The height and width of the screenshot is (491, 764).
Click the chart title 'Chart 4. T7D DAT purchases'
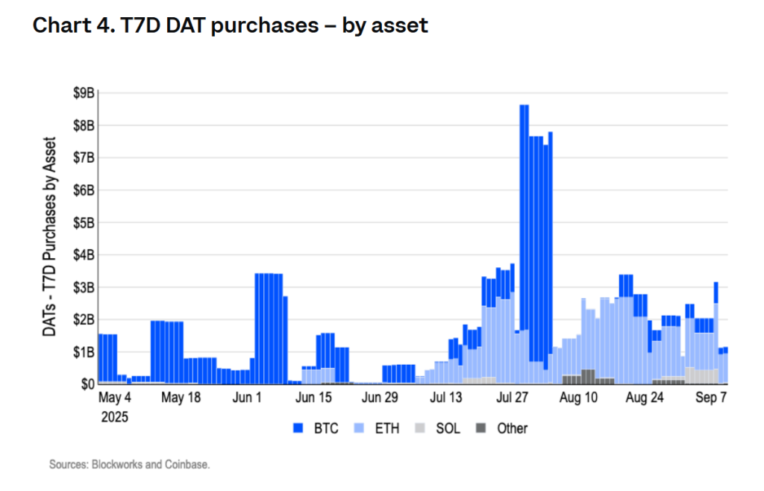click(x=230, y=26)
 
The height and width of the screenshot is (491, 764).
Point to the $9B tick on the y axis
click(x=84, y=93)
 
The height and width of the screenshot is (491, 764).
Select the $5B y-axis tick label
click(x=84, y=222)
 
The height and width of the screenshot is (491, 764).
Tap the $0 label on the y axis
click(x=87, y=384)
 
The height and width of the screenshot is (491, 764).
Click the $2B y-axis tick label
click(x=84, y=319)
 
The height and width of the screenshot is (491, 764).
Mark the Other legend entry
click(x=504, y=428)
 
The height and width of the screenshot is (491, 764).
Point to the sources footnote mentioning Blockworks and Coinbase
click(x=130, y=464)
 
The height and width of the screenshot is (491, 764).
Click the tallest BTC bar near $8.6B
click(x=524, y=224)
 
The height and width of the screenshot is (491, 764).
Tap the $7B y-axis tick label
click(x=84, y=157)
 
